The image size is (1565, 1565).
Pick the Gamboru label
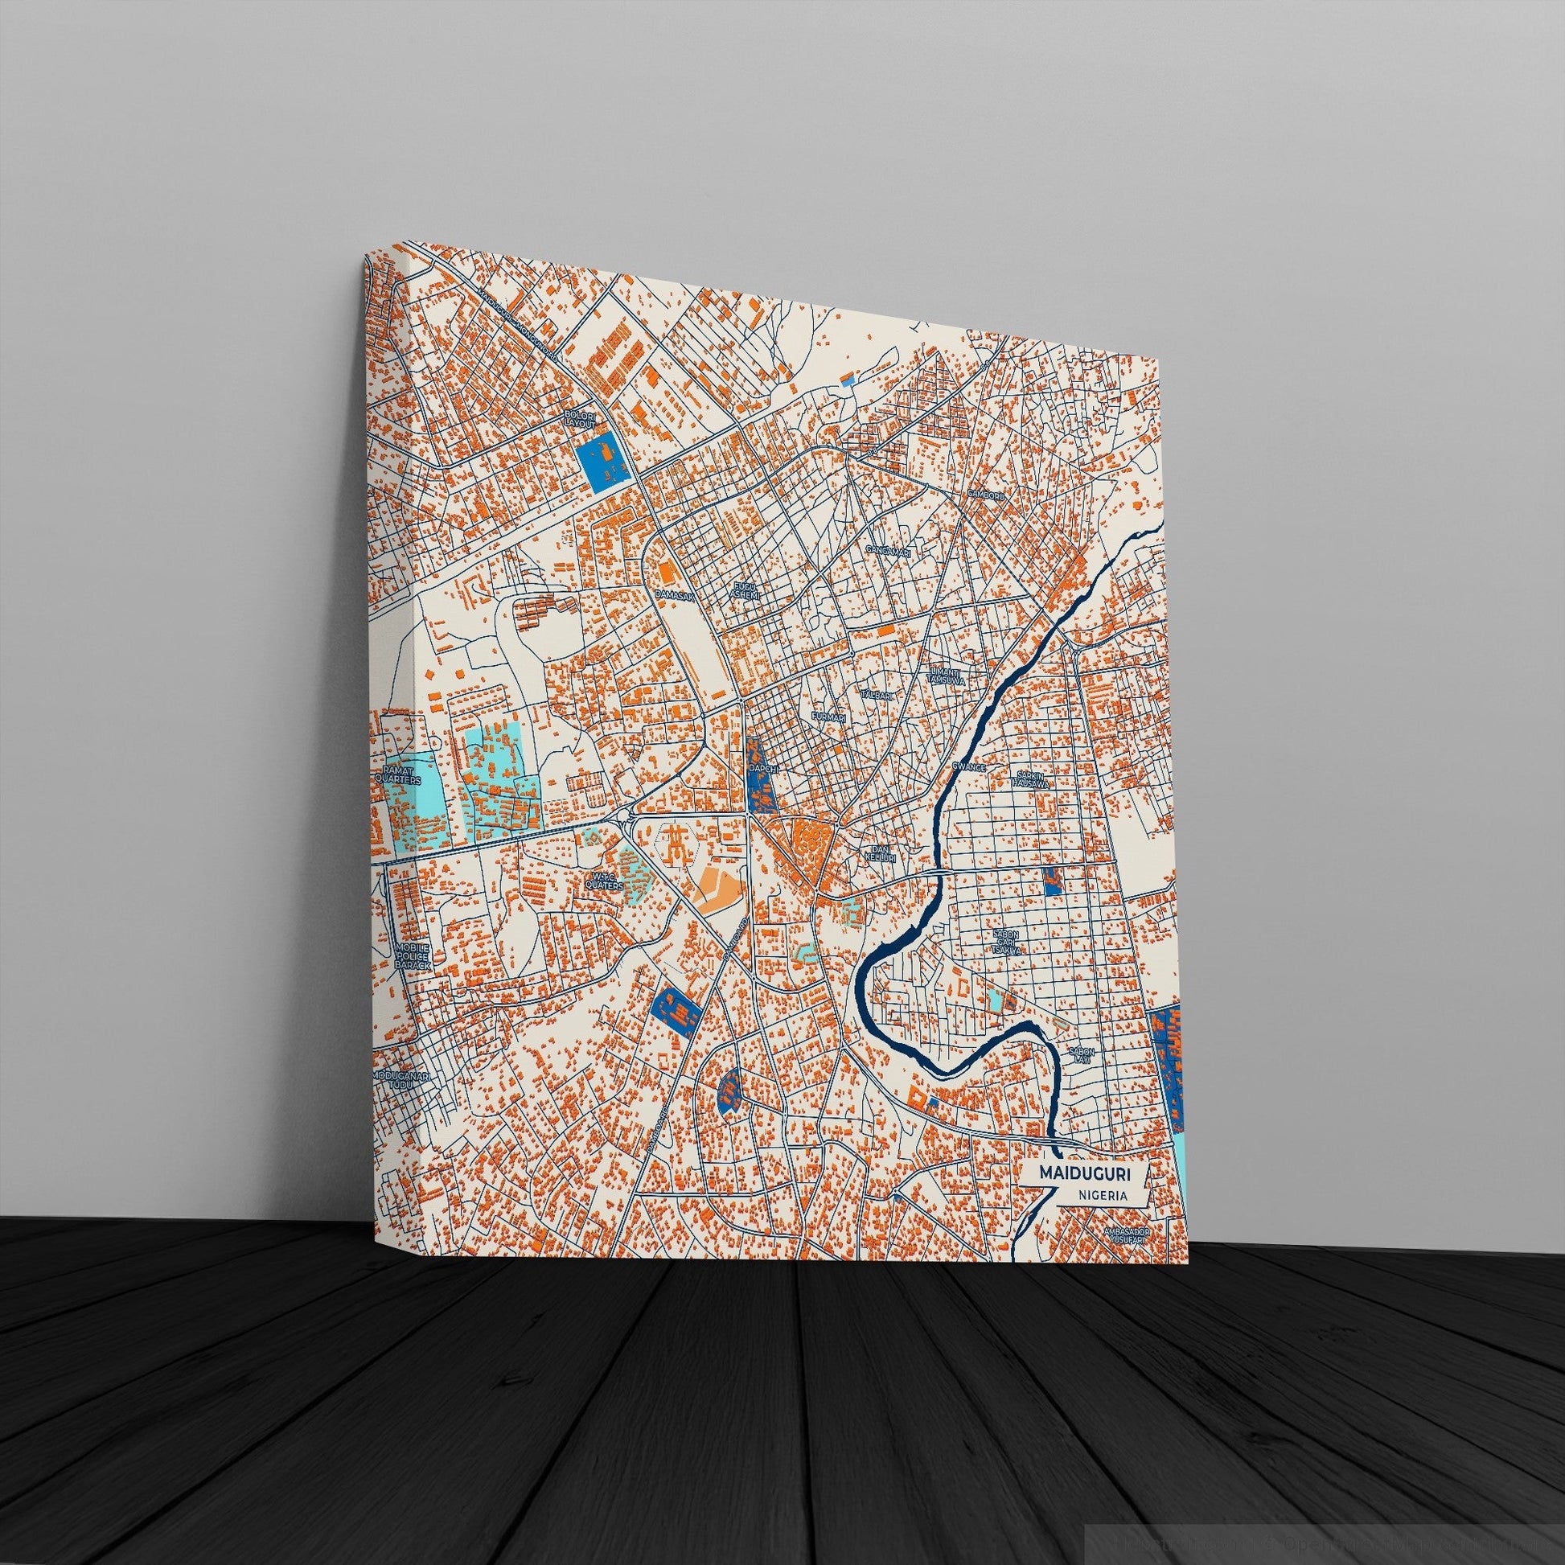pyautogui.click(x=986, y=493)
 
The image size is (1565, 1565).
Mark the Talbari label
pyautogui.click(x=877, y=672)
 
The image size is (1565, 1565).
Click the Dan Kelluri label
pyautogui.click(x=879, y=852)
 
